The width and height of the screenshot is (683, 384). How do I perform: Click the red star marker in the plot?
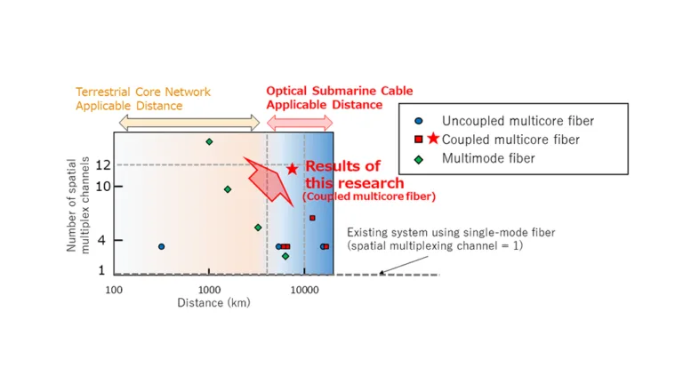(x=292, y=169)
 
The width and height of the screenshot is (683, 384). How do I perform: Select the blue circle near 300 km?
(x=161, y=246)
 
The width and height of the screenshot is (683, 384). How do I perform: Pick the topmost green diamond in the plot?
(x=209, y=141)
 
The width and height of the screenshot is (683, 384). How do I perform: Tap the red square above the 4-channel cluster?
(x=312, y=218)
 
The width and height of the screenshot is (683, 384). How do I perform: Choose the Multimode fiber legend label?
(x=488, y=158)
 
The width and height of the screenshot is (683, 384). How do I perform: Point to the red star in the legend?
(x=433, y=139)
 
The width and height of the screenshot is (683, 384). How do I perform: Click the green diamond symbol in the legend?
(x=419, y=158)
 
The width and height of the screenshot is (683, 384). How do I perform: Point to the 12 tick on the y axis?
(x=102, y=164)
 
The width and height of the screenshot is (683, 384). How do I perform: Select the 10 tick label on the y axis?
(x=102, y=186)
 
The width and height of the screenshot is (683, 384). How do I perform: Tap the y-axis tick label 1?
(x=102, y=270)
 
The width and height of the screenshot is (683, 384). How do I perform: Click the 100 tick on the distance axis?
(x=114, y=290)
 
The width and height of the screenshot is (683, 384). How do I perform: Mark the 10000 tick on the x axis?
(x=304, y=290)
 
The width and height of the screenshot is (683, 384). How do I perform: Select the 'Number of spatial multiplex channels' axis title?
(x=78, y=204)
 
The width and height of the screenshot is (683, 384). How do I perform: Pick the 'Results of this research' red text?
(x=343, y=174)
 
